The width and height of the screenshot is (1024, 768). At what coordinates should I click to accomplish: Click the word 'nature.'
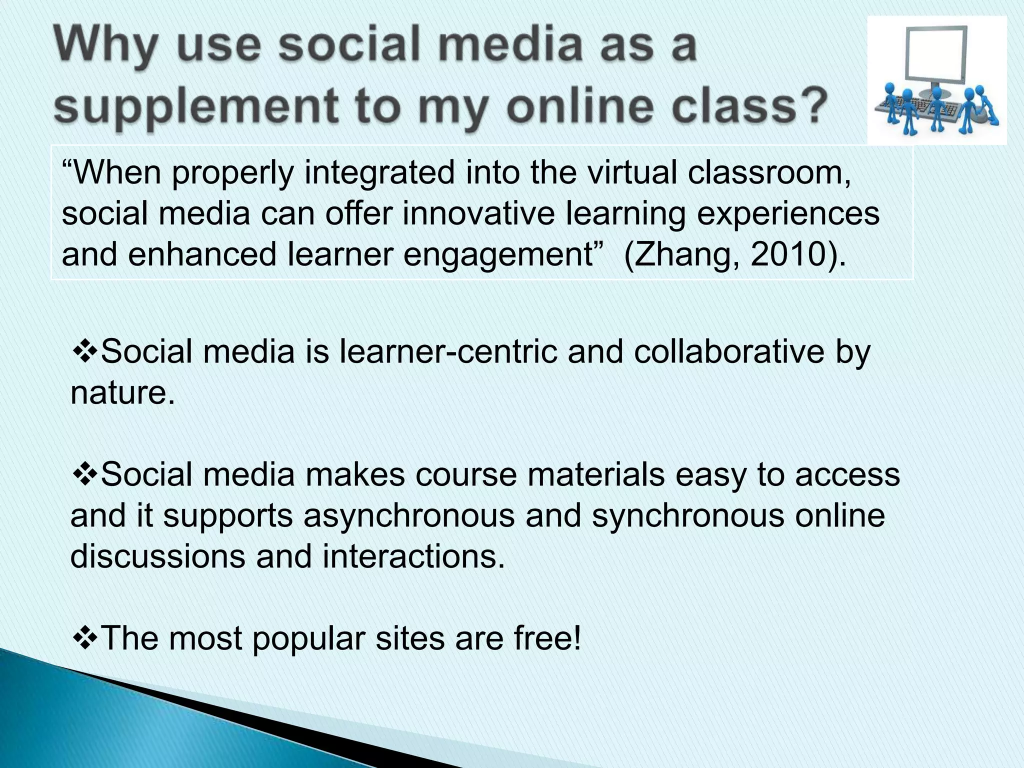[x=123, y=393]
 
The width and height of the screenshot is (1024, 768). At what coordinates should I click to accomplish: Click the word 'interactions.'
[x=413, y=556]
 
